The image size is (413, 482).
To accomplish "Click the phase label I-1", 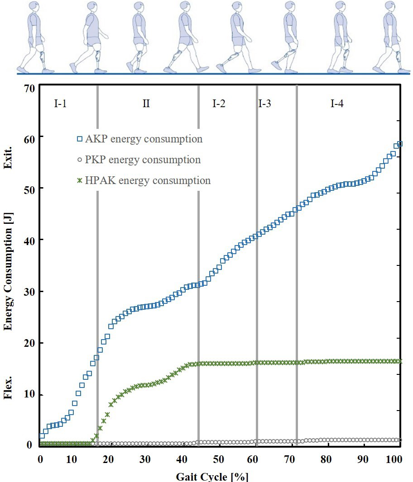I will point(60,104).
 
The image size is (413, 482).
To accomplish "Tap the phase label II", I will point(146,104).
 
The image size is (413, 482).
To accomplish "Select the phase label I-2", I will point(219,104).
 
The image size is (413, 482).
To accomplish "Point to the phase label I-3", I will point(265,104).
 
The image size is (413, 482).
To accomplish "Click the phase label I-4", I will point(336,104).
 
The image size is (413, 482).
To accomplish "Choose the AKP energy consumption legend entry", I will point(139,139).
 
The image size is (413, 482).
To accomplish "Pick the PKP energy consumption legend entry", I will point(139,160).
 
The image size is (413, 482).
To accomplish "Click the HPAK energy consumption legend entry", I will point(144,180).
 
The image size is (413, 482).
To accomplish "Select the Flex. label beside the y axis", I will point(8,389).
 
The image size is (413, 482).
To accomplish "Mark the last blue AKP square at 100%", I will point(400,144).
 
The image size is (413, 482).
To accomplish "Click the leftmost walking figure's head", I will point(35,7).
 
